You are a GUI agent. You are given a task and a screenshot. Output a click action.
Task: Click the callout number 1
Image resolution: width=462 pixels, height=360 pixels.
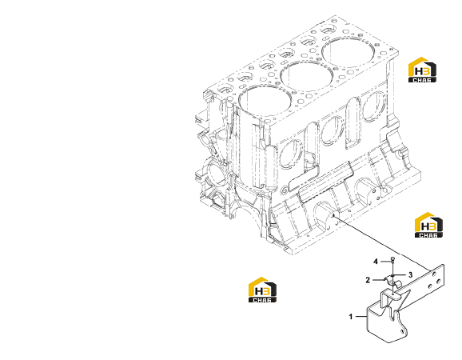click(x=351, y=317)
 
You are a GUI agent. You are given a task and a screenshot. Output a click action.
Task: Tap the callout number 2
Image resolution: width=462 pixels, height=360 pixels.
click(x=368, y=280)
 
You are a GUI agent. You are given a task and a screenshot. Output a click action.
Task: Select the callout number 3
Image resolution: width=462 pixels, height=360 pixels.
click(x=410, y=275)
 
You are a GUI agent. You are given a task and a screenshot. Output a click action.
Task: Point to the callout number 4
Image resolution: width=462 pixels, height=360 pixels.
click(x=376, y=262)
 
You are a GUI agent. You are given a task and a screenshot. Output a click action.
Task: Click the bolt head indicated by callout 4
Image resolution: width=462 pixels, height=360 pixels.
click(x=392, y=259)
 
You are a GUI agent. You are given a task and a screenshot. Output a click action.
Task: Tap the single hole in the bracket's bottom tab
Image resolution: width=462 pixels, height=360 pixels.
click(x=402, y=332)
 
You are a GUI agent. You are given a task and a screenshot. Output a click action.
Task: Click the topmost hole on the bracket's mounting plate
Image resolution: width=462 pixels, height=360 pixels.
click(x=434, y=274)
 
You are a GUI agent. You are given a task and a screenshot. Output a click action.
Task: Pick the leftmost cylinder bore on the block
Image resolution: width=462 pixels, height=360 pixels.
click(x=265, y=101)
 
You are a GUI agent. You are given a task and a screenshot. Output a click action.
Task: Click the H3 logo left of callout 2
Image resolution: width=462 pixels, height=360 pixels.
click(x=262, y=290)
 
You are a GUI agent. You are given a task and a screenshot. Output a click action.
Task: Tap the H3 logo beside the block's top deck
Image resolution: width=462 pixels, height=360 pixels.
click(x=422, y=70)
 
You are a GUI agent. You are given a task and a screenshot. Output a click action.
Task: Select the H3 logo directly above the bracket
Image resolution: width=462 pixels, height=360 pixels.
click(x=428, y=225)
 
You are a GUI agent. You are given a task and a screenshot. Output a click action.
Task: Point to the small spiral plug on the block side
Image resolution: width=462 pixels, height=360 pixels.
click(x=284, y=190)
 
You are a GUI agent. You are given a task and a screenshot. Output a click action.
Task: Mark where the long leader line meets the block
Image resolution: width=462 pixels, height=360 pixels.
click(x=333, y=216)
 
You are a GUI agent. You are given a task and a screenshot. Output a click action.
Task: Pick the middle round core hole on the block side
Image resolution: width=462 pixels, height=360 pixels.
click(x=333, y=130)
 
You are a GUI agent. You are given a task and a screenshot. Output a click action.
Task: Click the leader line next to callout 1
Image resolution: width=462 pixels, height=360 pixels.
click(x=360, y=317)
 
